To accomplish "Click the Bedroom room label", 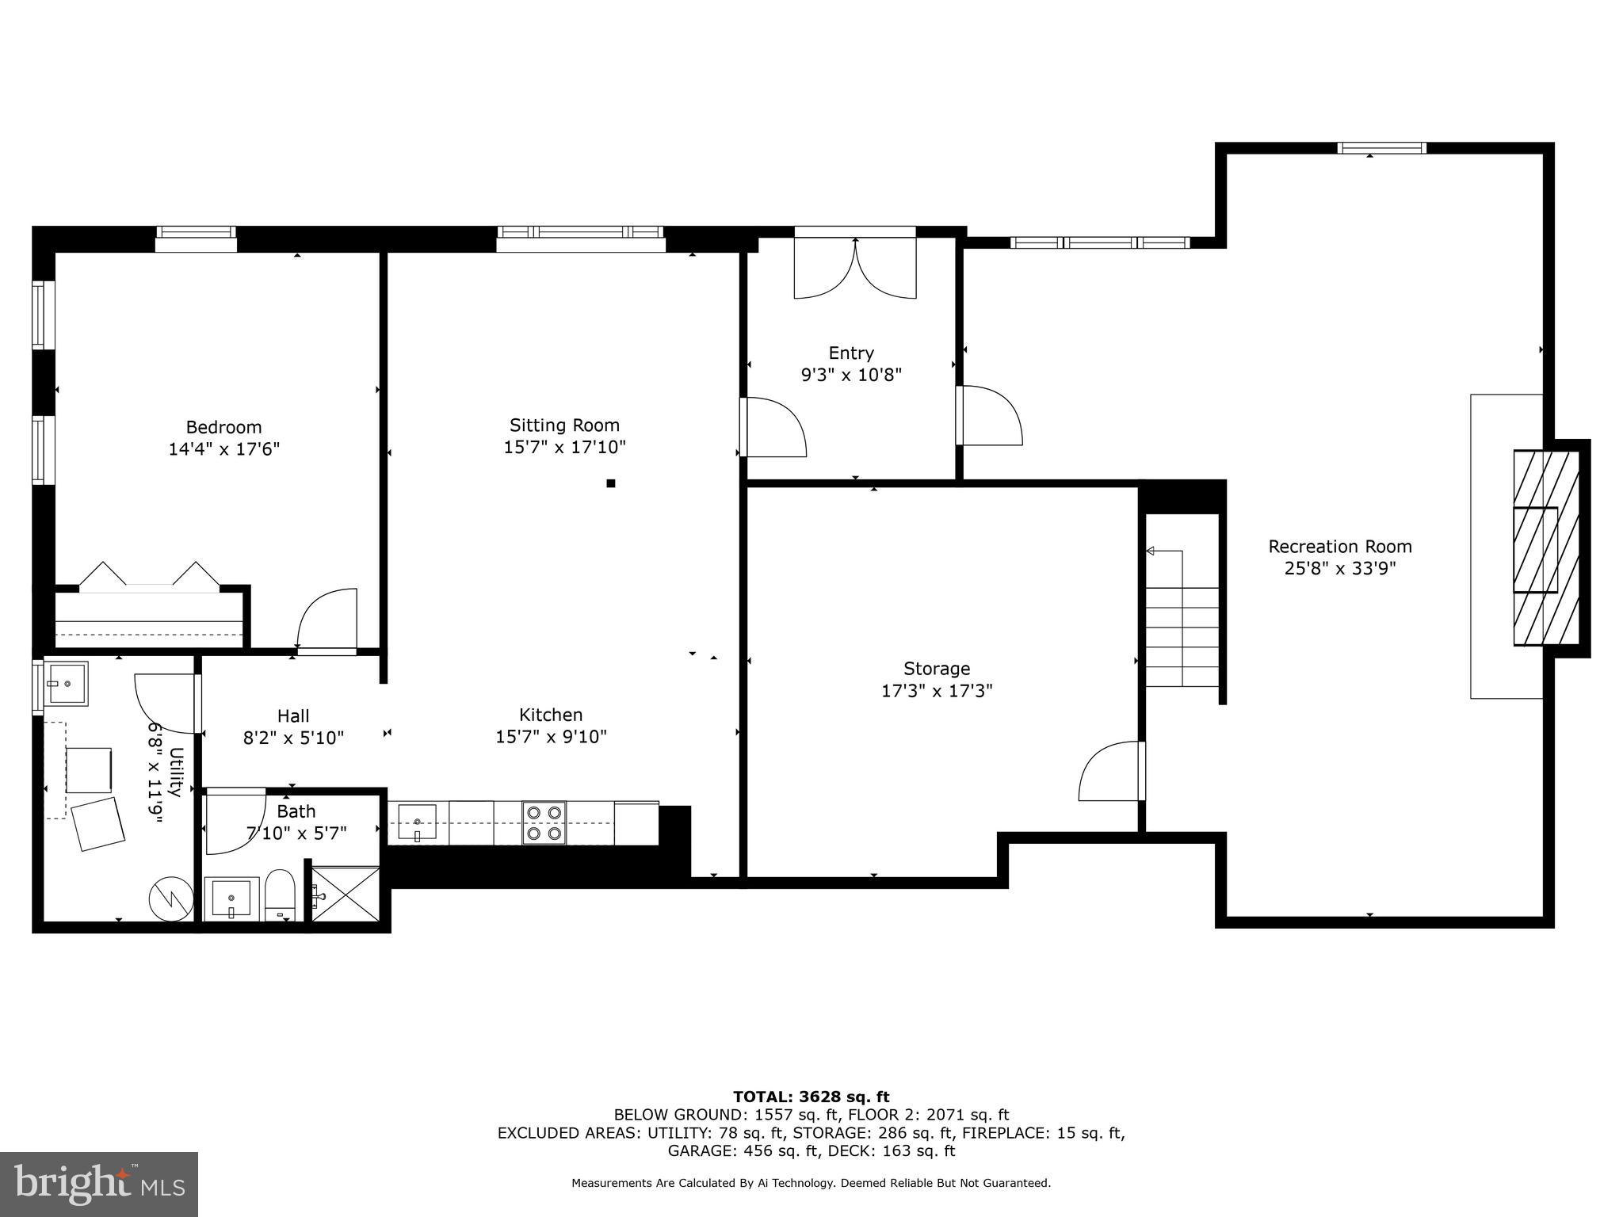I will [223, 427].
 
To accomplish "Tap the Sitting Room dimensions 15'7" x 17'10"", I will [564, 447].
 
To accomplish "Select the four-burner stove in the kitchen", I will [544, 823].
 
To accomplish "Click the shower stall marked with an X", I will [346, 894].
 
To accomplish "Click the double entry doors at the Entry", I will [855, 268].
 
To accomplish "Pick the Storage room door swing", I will [1111, 772].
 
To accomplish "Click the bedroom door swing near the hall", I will [327, 620].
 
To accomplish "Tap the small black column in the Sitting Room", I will [610, 483].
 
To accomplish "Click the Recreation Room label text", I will [1339, 546].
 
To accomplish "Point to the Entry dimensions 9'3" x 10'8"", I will [851, 375].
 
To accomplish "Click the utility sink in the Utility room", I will [66, 683].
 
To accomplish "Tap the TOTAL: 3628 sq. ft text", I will [811, 1097].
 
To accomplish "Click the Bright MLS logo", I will [99, 1184].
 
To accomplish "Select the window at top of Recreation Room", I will [1381, 148].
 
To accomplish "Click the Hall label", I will [293, 715].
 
